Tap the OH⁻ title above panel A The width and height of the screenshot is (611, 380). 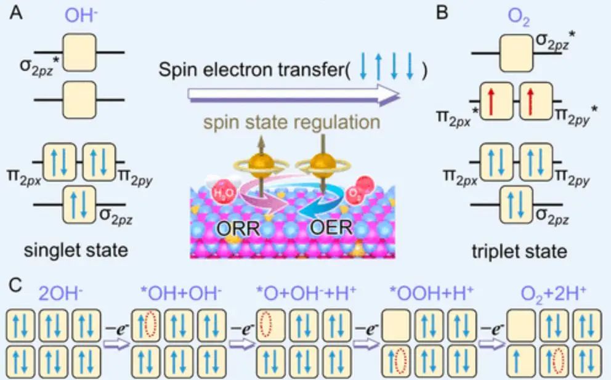click(x=78, y=14)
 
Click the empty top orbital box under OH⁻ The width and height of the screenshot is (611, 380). click(x=78, y=50)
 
